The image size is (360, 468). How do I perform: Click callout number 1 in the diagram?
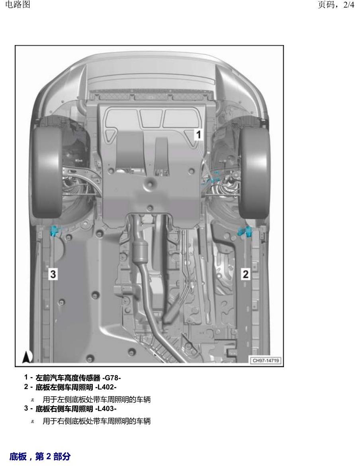[199, 134]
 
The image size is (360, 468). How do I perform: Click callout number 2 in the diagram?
[245, 274]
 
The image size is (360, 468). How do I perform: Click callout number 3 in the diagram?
[53, 274]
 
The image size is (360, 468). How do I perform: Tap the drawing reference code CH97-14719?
[266, 360]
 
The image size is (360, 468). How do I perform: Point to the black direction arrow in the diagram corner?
[27, 357]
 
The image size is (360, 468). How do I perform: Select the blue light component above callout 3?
[55, 230]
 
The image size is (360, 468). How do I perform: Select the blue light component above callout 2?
[245, 231]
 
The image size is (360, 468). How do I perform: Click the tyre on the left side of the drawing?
[47, 173]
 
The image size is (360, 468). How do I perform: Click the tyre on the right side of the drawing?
[254, 173]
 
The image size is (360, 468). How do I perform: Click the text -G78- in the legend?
[112, 378]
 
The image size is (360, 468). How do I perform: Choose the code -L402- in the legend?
[106, 387]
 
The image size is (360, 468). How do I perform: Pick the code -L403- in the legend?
[106, 409]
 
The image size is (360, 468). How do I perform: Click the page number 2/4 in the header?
[349, 5]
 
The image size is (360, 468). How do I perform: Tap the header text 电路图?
[18, 4]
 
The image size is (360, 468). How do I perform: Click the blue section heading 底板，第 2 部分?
[40, 456]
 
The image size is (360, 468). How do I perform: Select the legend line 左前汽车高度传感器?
[68, 378]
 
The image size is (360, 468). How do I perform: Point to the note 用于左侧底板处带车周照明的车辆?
[97, 400]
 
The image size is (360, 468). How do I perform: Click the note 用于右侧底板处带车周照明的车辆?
[97, 421]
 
